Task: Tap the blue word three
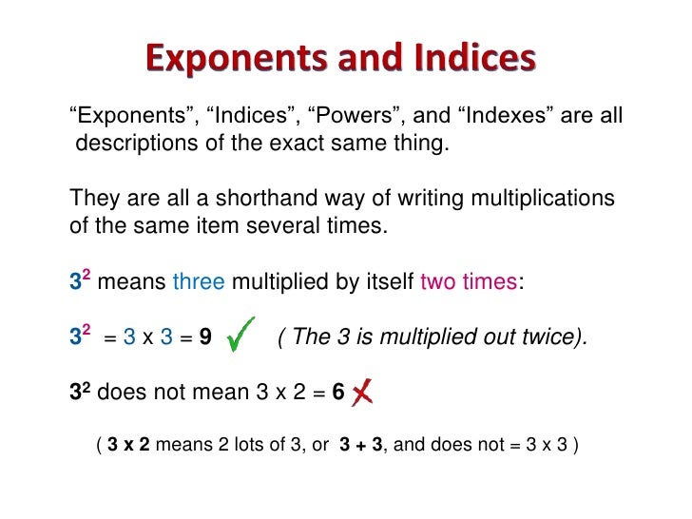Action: pyautogui.click(x=199, y=282)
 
